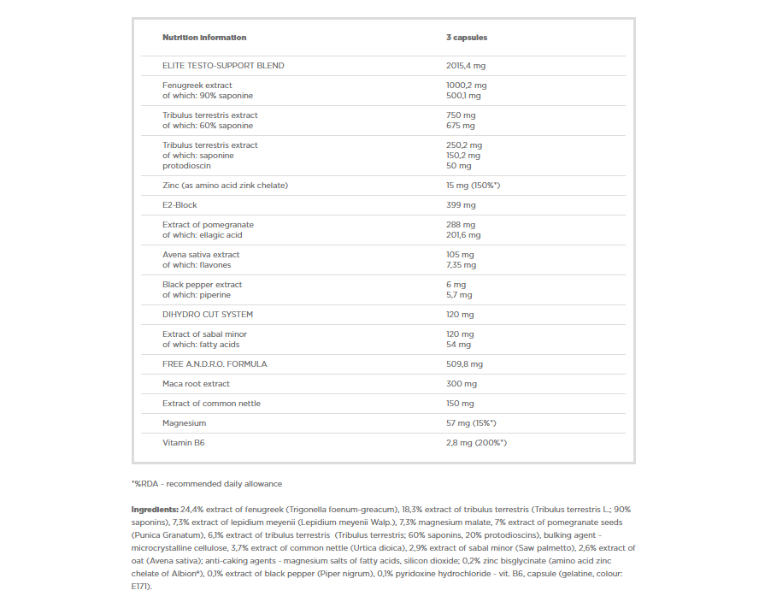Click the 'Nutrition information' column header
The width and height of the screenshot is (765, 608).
point(204,38)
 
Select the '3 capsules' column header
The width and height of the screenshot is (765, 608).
point(467,38)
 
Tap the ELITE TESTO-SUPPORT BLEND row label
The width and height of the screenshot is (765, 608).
point(223,66)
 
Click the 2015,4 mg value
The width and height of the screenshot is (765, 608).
point(466,66)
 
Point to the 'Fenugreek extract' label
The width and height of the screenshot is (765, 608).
point(197,86)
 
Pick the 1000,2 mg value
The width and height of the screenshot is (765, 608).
point(466,86)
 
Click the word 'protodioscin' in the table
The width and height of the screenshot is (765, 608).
point(186,166)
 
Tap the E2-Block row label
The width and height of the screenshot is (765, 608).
point(181,205)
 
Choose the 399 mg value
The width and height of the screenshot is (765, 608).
point(461,205)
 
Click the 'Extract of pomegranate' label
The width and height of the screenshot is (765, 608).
point(208,225)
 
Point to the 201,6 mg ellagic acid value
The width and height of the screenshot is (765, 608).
point(463,235)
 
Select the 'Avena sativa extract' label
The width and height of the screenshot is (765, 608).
point(201,255)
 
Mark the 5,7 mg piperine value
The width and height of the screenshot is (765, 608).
point(459,295)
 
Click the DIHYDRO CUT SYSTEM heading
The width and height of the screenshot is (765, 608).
point(208,315)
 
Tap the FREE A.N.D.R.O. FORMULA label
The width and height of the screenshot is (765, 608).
point(215,364)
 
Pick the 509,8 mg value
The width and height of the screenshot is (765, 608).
point(464,364)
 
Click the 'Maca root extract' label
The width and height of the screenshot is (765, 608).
point(196,384)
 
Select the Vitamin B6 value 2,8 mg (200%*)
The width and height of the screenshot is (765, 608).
point(477,443)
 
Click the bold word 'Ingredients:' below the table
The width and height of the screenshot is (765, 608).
point(155,509)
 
